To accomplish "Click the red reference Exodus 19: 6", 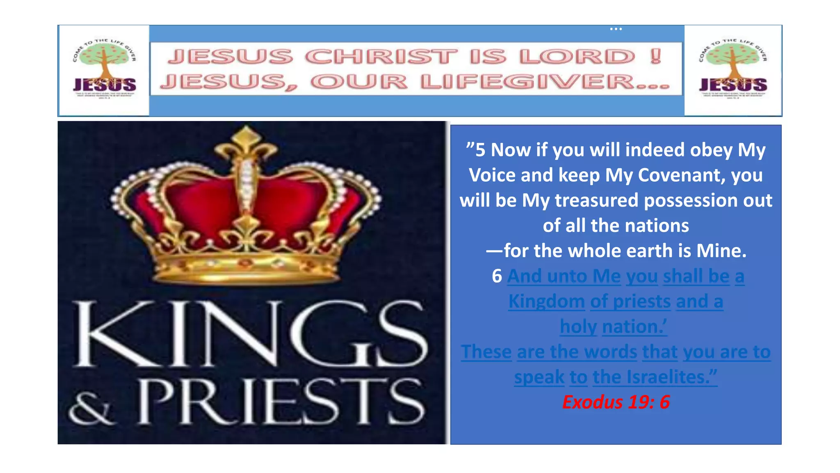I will click(616, 402).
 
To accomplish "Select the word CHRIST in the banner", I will click(381, 57).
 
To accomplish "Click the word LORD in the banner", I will click(577, 57).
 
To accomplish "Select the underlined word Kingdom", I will click(546, 301).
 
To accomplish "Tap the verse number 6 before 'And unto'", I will click(497, 276).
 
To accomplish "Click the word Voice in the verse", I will click(492, 175).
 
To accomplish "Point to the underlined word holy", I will click(578, 327).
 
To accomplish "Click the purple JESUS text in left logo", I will click(105, 85).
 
